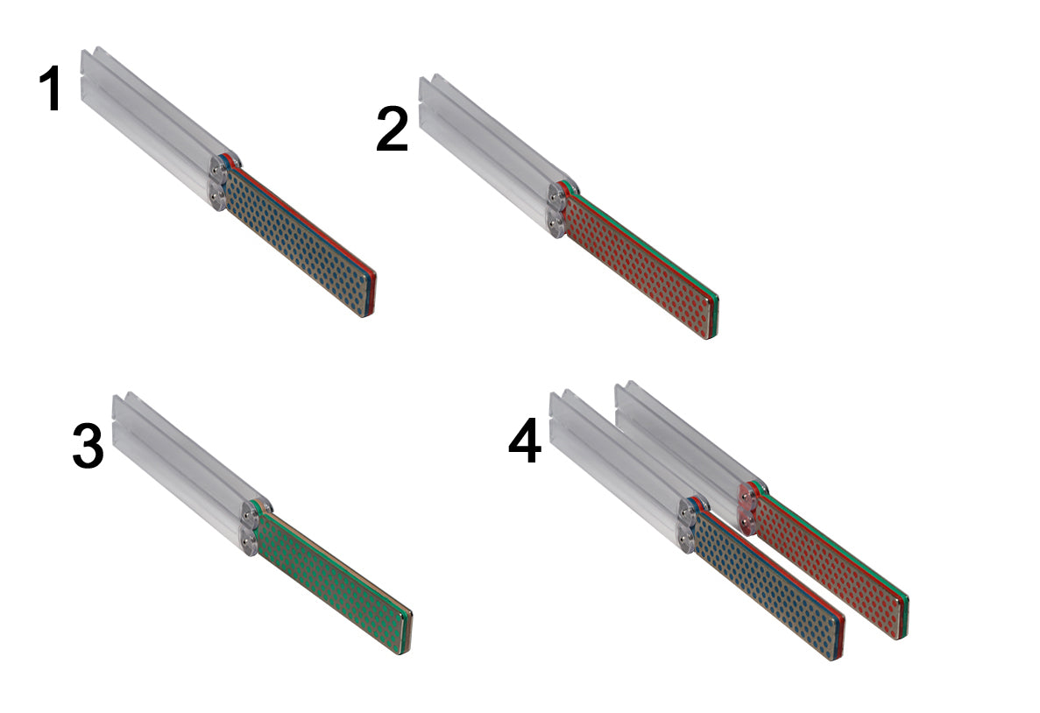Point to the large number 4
coord(524,442)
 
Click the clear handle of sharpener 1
coord(149,114)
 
